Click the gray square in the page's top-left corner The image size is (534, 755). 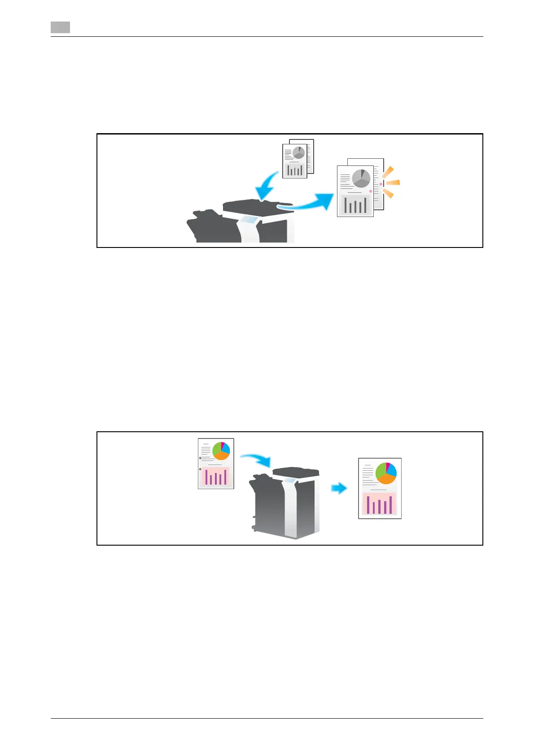[60, 28]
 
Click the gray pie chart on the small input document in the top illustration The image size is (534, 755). [298, 152]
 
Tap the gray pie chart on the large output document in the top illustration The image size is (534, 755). [361, 178]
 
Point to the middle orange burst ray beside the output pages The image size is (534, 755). [393, 182]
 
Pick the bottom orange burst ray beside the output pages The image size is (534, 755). [388, 193]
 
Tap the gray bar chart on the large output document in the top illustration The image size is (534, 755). [355, 205]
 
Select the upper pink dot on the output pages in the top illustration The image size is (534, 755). [381, 184]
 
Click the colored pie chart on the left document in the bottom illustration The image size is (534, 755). [221, 451]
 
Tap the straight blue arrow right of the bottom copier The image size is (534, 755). [339, 488]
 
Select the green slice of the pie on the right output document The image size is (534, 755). [381, 470]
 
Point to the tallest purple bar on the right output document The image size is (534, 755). [391, 504]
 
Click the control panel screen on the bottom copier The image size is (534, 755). [289, 481]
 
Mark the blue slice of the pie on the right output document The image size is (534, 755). [392, 469]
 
